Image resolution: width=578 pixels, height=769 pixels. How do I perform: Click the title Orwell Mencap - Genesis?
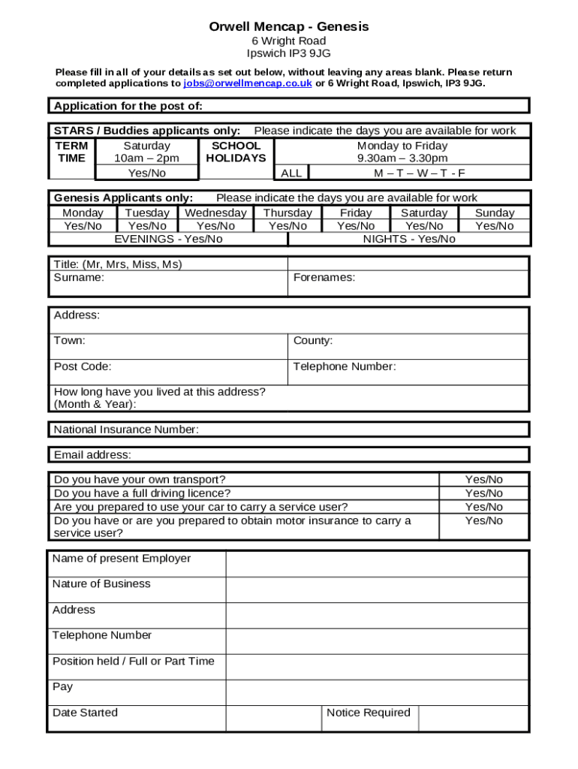pos(289,27)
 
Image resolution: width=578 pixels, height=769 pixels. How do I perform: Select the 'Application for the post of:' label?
pos(128,106)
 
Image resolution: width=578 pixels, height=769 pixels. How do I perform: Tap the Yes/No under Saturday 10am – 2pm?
pos(147,173)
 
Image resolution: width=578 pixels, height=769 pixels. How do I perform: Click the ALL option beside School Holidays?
pos(291,173)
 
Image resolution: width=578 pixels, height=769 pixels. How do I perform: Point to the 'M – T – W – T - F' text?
pos(420,173)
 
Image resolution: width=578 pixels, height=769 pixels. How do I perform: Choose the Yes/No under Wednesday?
pos(215,225)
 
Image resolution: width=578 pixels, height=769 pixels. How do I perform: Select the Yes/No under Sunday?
pos(495,225)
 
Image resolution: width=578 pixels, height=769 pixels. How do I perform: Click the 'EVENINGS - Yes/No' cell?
pos(168,239)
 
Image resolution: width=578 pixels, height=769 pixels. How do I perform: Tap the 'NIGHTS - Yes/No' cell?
pos(409,239)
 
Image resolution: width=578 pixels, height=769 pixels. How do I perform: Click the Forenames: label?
pos(324,277)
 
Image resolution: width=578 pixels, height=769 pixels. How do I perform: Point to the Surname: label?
pos(80,277)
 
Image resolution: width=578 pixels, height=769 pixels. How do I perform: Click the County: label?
pos(313,340)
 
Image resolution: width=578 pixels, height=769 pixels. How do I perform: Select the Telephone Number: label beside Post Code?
pos(345,366)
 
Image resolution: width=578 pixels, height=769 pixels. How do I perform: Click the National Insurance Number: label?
pos(126,430)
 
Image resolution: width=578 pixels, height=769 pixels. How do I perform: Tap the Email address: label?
pos(92,454)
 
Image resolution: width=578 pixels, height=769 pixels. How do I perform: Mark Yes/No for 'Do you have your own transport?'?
pos(484,479)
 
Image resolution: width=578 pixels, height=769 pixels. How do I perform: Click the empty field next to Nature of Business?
pos(378,590)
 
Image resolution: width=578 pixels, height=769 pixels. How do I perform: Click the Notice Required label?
pos(369,713)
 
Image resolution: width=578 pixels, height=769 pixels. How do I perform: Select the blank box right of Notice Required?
pos(473,718)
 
